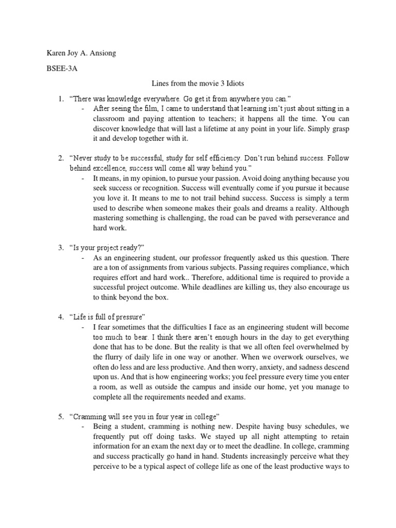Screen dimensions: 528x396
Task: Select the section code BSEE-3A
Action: [59, 68]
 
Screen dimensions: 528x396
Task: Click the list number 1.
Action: [60, 98]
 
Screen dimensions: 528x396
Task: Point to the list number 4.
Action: [60, 316]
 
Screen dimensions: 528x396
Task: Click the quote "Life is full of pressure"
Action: [109, 316]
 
